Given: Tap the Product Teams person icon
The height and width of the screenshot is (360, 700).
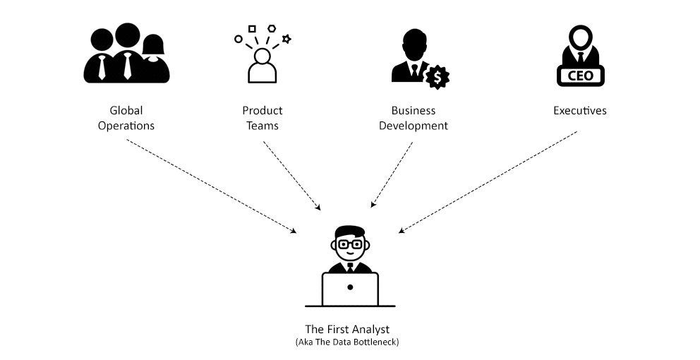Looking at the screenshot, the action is coord(262,65).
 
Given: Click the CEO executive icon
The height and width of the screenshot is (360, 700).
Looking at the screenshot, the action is coord(580,56).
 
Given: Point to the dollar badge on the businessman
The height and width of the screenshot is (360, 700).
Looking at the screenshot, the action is coord(437,76).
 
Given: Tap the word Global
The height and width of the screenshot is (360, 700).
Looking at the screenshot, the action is coord(126,111).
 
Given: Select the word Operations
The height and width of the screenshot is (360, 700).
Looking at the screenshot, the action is coord(126,126).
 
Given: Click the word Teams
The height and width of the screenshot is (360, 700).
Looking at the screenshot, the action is coord(262,126).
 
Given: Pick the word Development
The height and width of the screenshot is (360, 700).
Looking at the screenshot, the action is coord(414,126).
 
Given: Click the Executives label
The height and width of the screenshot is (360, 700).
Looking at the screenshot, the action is coord(580,111).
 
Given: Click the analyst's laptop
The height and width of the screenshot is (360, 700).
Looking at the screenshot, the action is coord(350,289).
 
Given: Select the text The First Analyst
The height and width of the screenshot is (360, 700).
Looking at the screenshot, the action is coord(347,329).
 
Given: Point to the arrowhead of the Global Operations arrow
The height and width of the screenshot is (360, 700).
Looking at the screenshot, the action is coord(294,231).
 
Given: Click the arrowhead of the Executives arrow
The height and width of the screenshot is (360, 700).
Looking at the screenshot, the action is coord(402,231).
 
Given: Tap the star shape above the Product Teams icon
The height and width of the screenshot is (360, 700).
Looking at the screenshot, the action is coord(286,39).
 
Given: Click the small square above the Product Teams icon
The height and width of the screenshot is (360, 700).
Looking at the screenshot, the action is coord(252,29).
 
